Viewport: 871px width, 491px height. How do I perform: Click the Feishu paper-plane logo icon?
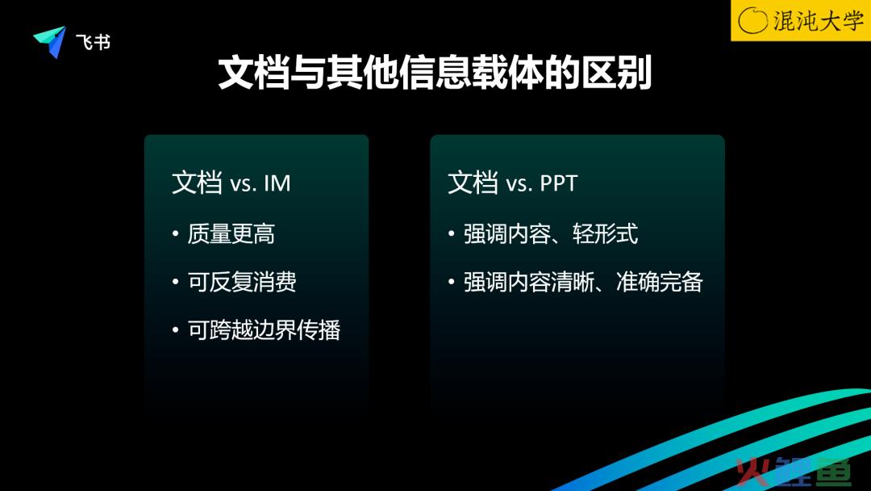[x=51, y=41]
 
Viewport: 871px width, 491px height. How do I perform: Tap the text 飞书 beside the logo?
[x=94, y=42]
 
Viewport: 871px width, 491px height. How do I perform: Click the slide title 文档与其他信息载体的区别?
[x=435, y=73]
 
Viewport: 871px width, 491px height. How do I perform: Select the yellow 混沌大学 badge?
[x=801, y=20]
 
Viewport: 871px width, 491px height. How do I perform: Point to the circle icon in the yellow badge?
[x=752, y=20]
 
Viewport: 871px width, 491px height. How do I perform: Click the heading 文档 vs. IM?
[x=231, y=183]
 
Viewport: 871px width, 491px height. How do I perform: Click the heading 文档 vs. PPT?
[x=513, y=183]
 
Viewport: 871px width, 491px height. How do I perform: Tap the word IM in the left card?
[x=277, y=183]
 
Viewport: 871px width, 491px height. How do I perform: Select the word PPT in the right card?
[x=559, y=183]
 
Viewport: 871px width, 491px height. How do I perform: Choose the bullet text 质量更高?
[x=231, y=233]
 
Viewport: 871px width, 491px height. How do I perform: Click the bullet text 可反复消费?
[x=242, y=282]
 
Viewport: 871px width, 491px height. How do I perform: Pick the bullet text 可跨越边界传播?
[x=264, y=329]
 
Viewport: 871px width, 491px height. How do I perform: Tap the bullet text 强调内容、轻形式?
[x=551, y=233]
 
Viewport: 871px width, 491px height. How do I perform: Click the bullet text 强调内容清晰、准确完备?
[x=583, y=282]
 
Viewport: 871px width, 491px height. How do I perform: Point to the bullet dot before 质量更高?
[x=176, y=233]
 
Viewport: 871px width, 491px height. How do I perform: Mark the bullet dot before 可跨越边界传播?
[x=176, y=329]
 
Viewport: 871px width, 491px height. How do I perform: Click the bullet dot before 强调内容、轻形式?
[x=452, y=233]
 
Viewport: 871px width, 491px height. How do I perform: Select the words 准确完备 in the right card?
[x=660, y=282]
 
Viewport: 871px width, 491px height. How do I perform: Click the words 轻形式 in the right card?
[x=605, y=233]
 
